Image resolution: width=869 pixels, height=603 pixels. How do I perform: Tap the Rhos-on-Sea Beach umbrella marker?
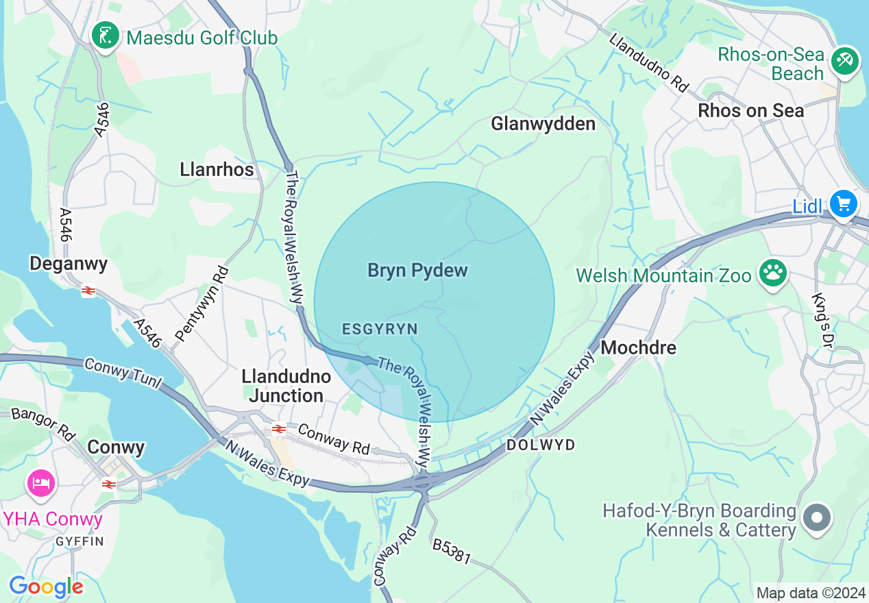tap(845, 62)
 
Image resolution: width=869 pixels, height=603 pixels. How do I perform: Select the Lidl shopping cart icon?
tap(843, 204)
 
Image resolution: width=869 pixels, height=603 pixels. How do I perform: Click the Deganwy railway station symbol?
tap(88, 291)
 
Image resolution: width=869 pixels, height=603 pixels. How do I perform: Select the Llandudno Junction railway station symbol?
tap(278, 429)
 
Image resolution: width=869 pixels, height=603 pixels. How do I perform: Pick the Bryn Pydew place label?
tap(417, 270)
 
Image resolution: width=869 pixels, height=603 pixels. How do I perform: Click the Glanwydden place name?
tap(543, 123)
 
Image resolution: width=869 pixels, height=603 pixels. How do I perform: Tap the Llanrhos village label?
tap(217, 169)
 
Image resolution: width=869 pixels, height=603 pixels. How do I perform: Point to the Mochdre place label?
tap(638, 347)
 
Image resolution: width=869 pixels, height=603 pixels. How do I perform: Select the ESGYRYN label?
tap(380, 330)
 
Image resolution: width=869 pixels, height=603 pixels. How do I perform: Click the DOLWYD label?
tap(540, 445)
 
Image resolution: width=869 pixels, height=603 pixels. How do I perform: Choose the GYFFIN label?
tap(79, 541)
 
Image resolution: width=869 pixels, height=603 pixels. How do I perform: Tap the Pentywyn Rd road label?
tap(202, 305)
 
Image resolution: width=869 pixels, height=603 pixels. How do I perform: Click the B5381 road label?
tap(451, 551)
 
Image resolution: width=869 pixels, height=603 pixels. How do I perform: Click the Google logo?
tap(46, 587)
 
